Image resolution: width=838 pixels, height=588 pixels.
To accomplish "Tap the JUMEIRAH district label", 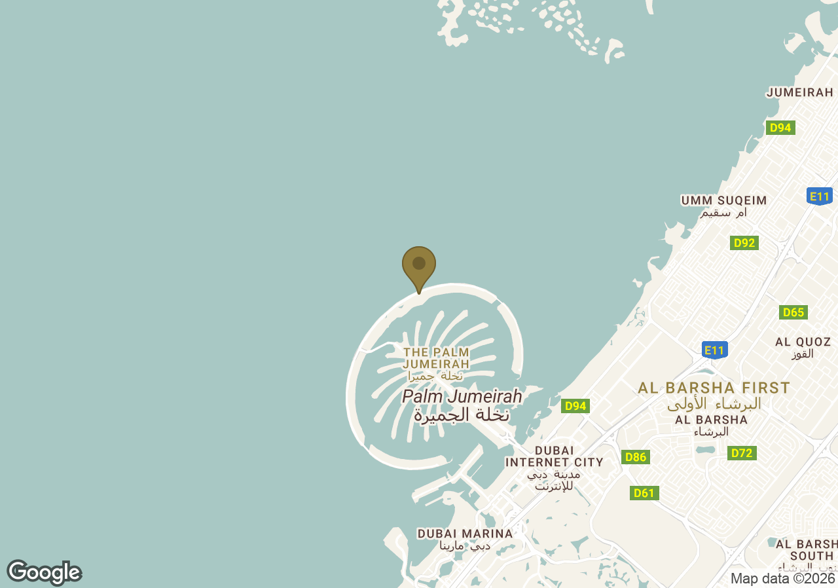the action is click(800, 92).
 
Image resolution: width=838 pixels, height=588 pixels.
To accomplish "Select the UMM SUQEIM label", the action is click(723, 200).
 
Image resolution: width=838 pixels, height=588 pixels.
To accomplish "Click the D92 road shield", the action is click(744, 243).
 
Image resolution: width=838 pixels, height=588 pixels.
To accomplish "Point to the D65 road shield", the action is click(793, 312).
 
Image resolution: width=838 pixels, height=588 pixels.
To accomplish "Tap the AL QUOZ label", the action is click(803, 342).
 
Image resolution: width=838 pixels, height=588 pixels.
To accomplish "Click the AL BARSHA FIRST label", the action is click(714, 388).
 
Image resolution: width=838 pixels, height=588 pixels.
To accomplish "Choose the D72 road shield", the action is click(742, 453).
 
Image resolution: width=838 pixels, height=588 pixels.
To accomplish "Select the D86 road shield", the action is click(635, 457).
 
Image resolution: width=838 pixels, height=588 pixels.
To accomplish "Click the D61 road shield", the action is click(644, 493).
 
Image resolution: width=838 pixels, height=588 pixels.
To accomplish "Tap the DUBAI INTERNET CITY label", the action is click(554, 456).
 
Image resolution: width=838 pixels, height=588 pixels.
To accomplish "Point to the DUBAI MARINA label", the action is click(465, 534).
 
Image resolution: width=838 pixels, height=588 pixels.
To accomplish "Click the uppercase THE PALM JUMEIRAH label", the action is click(435, 358).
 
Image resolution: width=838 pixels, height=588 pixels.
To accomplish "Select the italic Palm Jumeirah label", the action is click(462, 396).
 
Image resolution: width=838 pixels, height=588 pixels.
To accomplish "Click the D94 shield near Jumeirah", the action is click(780, 128).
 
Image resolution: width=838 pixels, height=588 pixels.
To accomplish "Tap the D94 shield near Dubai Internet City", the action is click(575, 406).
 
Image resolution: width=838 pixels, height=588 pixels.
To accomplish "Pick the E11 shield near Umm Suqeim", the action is click(820, 196).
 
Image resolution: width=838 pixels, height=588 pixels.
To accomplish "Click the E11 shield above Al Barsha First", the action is click(715, 350).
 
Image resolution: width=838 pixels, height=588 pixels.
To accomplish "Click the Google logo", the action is click(44, 572).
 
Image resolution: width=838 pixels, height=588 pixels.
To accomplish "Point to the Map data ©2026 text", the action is click(782, 579).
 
